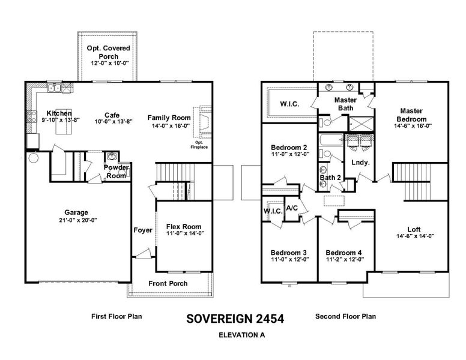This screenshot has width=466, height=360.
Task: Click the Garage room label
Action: [76, 212]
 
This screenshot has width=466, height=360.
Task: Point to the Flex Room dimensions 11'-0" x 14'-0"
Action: [186, 234]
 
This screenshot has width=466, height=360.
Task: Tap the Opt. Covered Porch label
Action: [110, 52]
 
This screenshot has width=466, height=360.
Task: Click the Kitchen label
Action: [59, 113]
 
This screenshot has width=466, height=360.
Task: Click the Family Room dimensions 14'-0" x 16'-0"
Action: [170, 126]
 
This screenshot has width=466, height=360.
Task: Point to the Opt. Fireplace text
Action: [199, 145]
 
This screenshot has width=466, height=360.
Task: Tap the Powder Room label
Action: [115, 172]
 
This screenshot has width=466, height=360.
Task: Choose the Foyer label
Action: [142, 230]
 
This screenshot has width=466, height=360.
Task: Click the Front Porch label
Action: [168, 283]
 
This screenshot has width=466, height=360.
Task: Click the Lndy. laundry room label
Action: [360, 162]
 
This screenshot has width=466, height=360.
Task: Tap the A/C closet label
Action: [292, 208]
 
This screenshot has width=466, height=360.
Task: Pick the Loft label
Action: [413, 229]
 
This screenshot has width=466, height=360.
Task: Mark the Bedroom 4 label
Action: [344, 253]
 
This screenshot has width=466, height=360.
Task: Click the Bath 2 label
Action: [330, 178]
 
